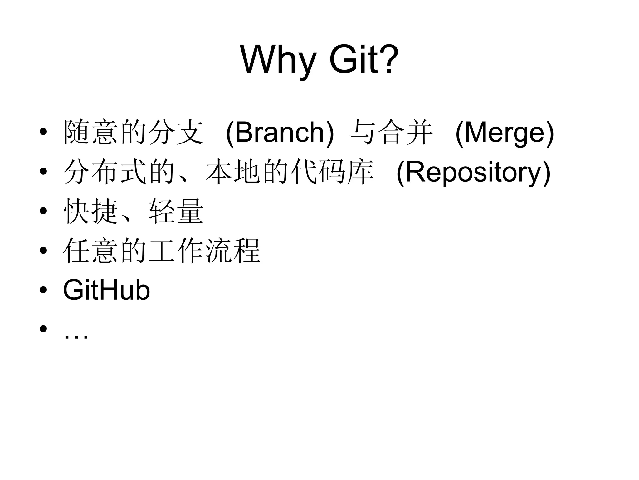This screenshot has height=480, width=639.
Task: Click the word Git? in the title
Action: point(363,59)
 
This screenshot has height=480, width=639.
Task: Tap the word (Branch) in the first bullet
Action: point(280,133)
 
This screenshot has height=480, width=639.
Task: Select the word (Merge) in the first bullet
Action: point(505,133)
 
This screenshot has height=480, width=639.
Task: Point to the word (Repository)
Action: point(473,172)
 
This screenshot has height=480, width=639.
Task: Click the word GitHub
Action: point(106,290)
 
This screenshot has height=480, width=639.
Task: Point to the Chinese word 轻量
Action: point(176,212)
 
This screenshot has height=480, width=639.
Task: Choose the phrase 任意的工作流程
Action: point(162,251)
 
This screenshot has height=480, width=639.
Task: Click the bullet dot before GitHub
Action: point(43,290)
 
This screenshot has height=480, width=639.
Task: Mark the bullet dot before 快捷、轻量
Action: point(43,211)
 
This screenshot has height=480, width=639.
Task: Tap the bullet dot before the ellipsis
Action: point(43,329)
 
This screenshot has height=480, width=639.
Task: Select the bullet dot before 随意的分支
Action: point(43,132)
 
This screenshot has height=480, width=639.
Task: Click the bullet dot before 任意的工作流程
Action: point(43,250)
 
